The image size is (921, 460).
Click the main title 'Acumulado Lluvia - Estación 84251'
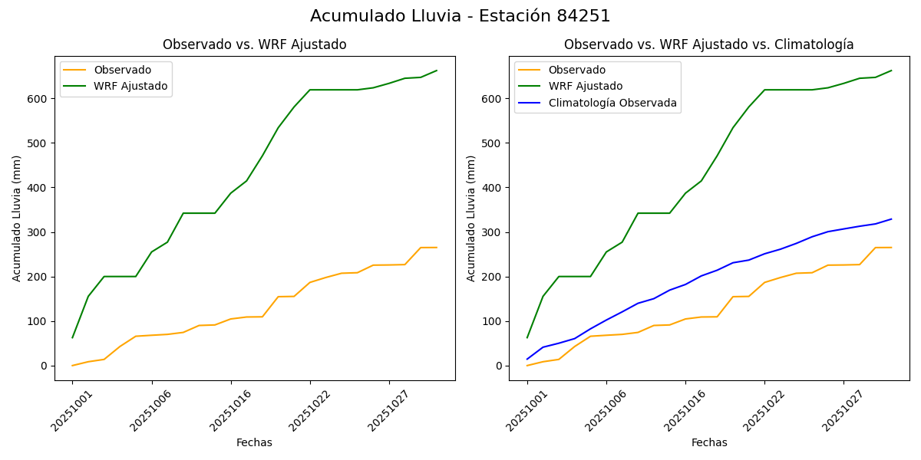(x=460, y=16)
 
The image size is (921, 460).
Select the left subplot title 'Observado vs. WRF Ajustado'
(x=254, y=44)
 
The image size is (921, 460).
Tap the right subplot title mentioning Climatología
(x=708, y=44)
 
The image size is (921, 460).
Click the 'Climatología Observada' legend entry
(x=612, y=103)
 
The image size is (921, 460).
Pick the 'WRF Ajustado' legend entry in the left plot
(x=130, y=86)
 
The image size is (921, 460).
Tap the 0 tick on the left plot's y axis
(x=46, y=366)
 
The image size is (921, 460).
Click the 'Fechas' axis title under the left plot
(x=254, y=442)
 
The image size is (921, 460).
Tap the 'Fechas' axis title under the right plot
(x=709, y=442)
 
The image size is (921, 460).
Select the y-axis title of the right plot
(x=471, y=218)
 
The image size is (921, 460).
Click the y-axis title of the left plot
(x=17, y=218)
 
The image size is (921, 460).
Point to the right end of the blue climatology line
(x=891, y=219)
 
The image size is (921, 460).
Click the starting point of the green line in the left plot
(x=73, y=337)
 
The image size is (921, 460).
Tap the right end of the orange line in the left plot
(x=437, y=248)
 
